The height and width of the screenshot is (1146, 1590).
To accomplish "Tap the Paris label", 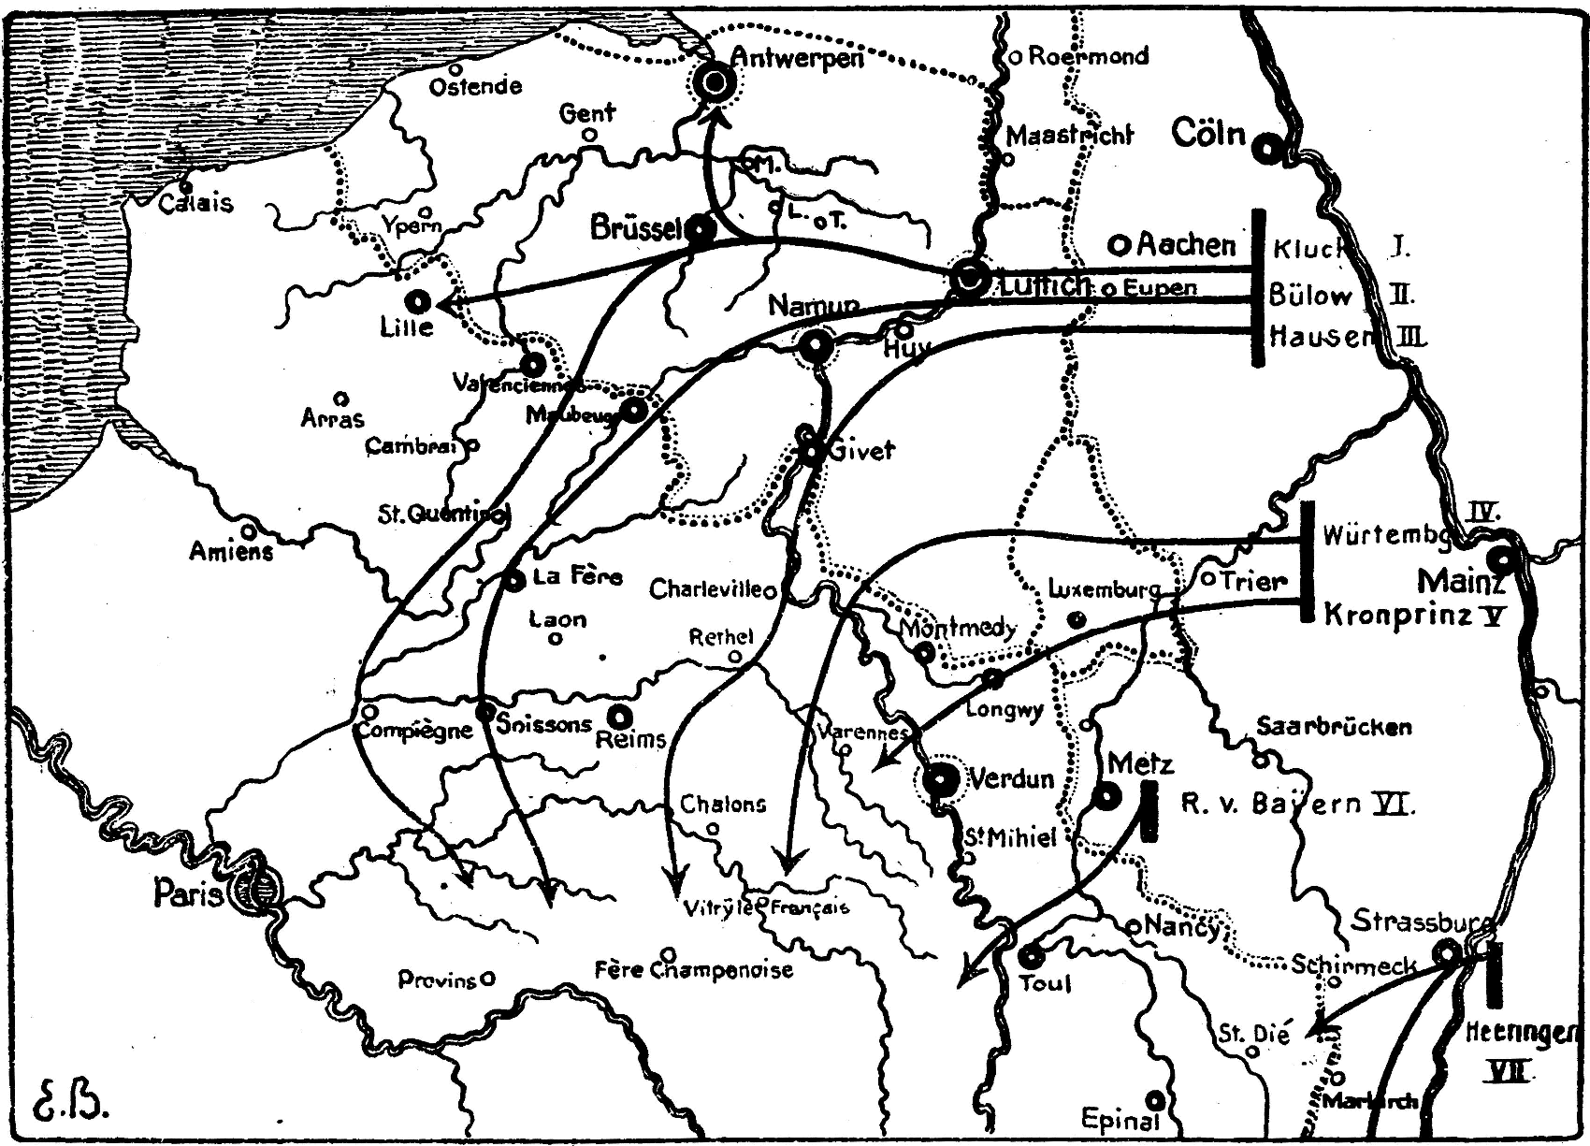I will click(187, 894).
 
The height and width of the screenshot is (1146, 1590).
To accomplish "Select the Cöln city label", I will click(1208, 134).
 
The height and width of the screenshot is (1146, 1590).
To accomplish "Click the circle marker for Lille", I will click(418, 301).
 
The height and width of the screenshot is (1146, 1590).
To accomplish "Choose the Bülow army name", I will click(1309, 297).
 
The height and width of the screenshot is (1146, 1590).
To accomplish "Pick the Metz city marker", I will click(1106, 797).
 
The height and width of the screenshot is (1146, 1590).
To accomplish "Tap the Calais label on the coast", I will click(195, 202).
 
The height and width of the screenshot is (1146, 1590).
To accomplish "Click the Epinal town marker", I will click(1157, 1100).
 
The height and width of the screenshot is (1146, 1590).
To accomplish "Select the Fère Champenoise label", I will click(693, 970).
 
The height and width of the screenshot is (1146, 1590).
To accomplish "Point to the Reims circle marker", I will click(619, 718).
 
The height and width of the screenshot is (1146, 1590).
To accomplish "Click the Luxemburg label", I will click(1104, 589).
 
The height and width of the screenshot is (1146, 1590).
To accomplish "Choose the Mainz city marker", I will click(1500, 560).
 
